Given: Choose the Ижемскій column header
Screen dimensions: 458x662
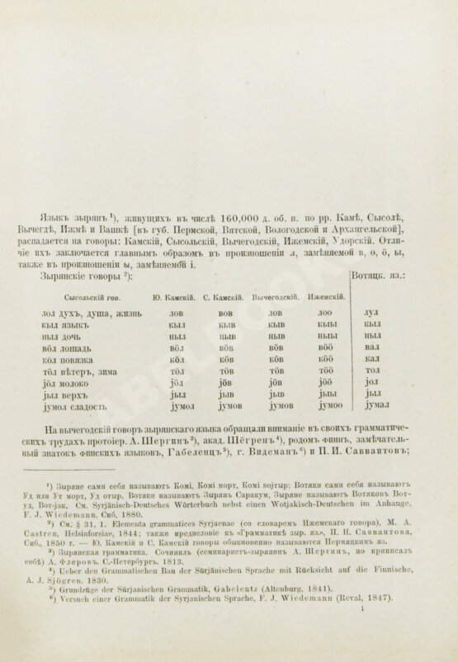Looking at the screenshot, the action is pyautogui.click(x=323, y=296).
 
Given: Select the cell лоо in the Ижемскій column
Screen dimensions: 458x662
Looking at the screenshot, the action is pyautogui.click(x=324, y=314).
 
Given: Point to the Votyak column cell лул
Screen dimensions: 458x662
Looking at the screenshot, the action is pyautogui.click(x=371, y=314).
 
